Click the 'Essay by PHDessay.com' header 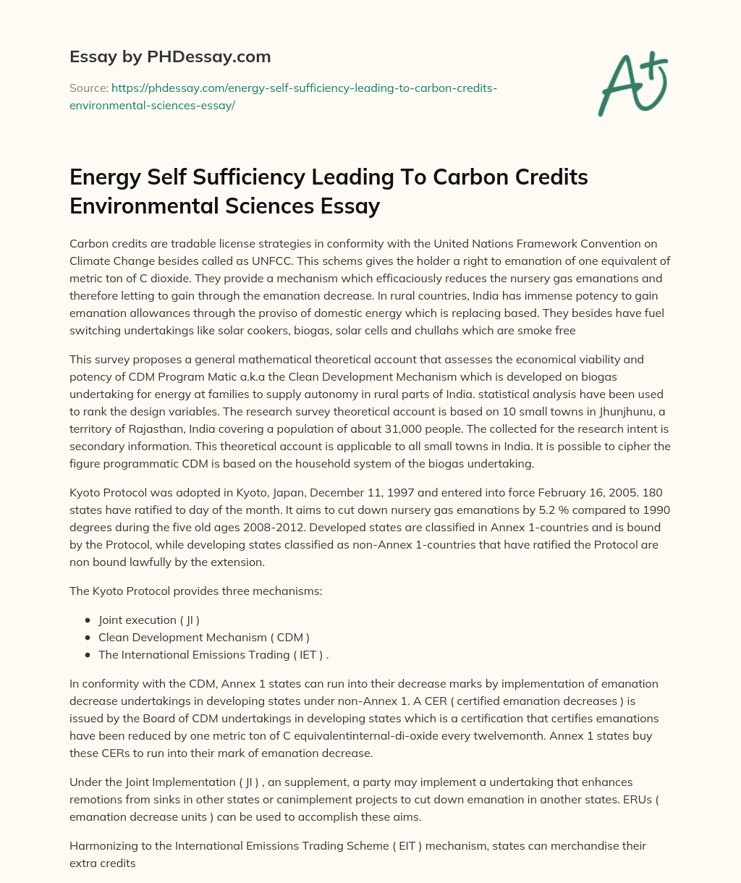[170, 56]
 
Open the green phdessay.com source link [283, 96]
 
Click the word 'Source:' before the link [88, 88]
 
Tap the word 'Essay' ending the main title [350, 206]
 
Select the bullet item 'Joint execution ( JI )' [149, 620]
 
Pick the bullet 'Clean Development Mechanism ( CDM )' [204, 637]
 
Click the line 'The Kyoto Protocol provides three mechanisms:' [195, 591]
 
